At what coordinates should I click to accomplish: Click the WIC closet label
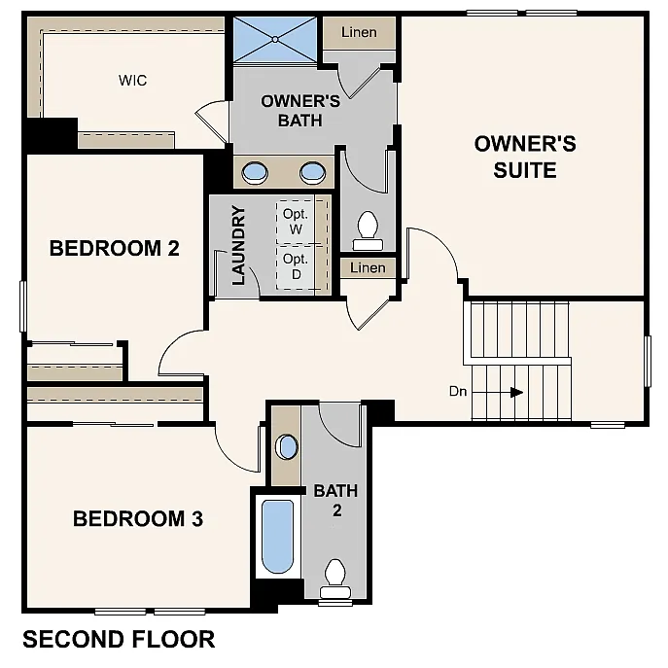[133, 81]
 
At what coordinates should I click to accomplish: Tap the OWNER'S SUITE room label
[525, 157]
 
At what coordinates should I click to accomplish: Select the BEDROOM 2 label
[115, 248]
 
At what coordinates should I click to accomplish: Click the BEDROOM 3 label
[138, 518]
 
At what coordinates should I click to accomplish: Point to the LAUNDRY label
[237, 244]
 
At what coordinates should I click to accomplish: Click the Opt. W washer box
[295, 222]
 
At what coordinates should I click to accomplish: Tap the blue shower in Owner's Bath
[274, 40]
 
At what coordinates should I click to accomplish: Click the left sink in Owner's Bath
[255, 173]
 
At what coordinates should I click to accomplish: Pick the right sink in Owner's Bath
[312, 173]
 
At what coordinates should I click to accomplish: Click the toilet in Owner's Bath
[368, 227]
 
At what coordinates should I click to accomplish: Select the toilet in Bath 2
[335, 578]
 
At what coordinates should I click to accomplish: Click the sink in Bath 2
[286, 447]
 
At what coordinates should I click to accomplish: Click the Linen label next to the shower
[359, 32]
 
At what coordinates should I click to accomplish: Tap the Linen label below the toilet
[368, 267]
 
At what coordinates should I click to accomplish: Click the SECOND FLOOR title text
[119, 639]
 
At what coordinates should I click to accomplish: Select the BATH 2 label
[335, 500]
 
